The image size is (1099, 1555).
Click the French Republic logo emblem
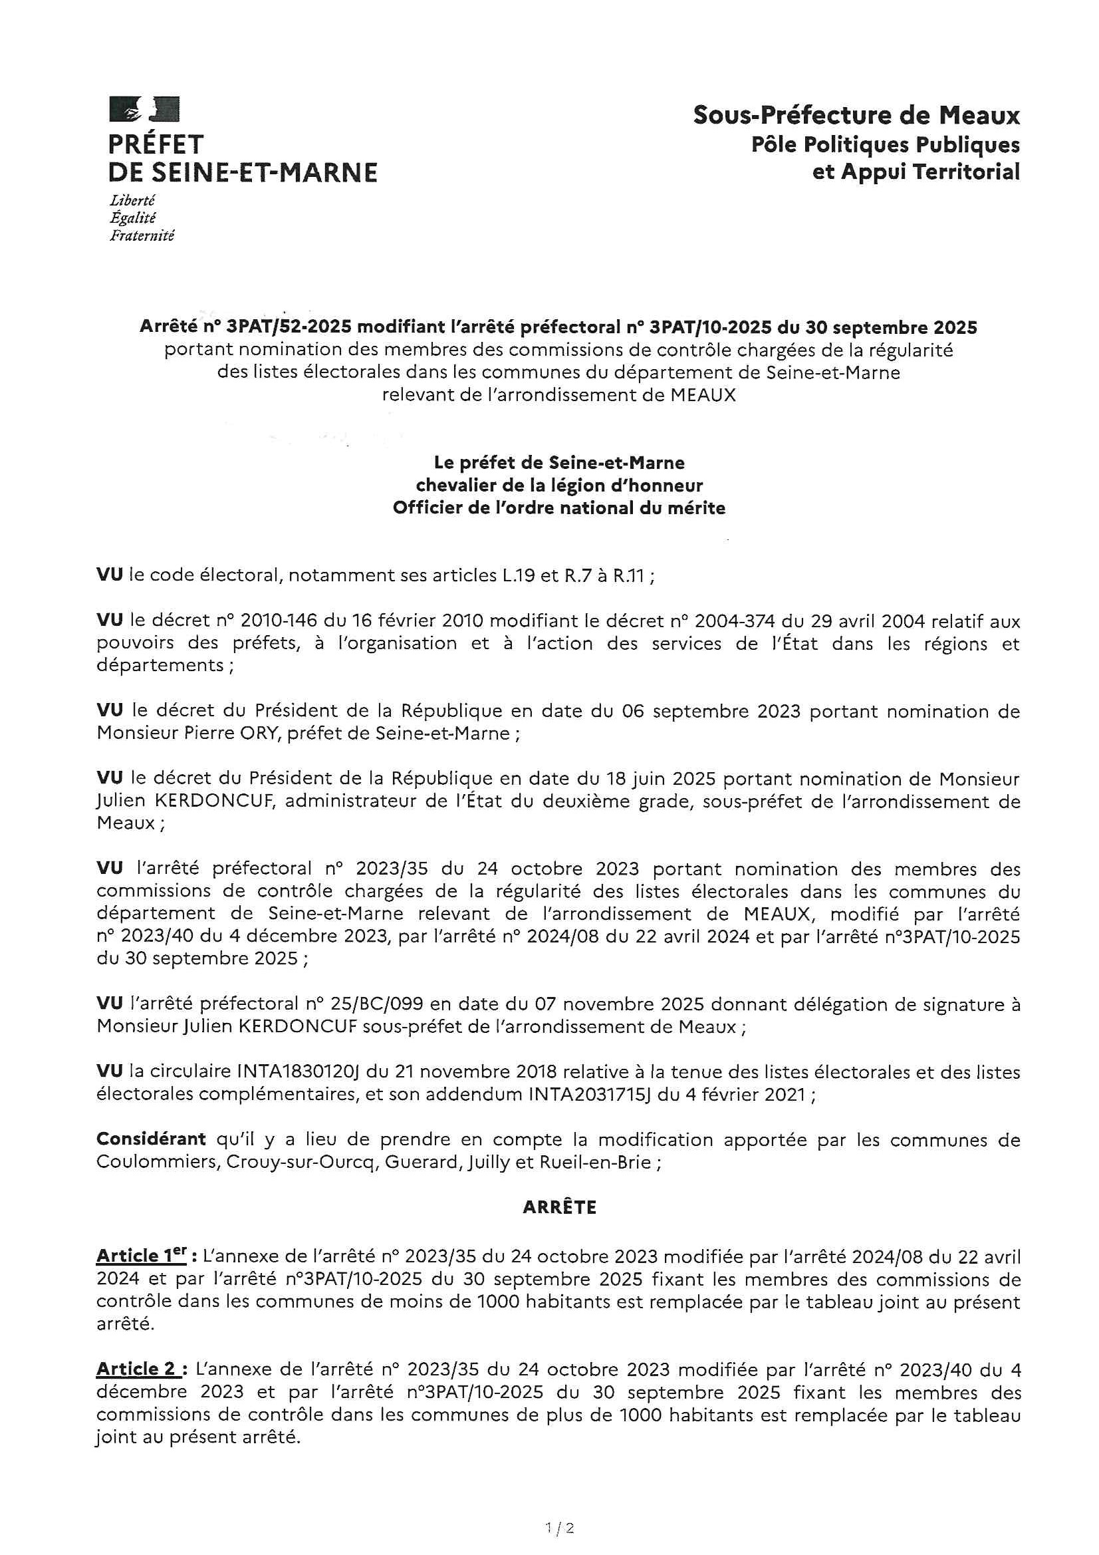tap(144, 110)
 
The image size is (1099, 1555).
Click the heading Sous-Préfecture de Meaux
tap(856, 116)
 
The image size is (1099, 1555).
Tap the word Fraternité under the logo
tap(142, 235)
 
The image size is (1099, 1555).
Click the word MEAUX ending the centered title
tap(703, 395)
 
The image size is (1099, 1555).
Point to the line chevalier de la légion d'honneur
tap(558, 486)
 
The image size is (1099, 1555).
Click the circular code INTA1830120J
tap(298, 1072)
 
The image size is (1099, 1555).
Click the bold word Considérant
tap(151, 1139)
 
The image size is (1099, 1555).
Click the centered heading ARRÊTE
tap(559, 1208)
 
